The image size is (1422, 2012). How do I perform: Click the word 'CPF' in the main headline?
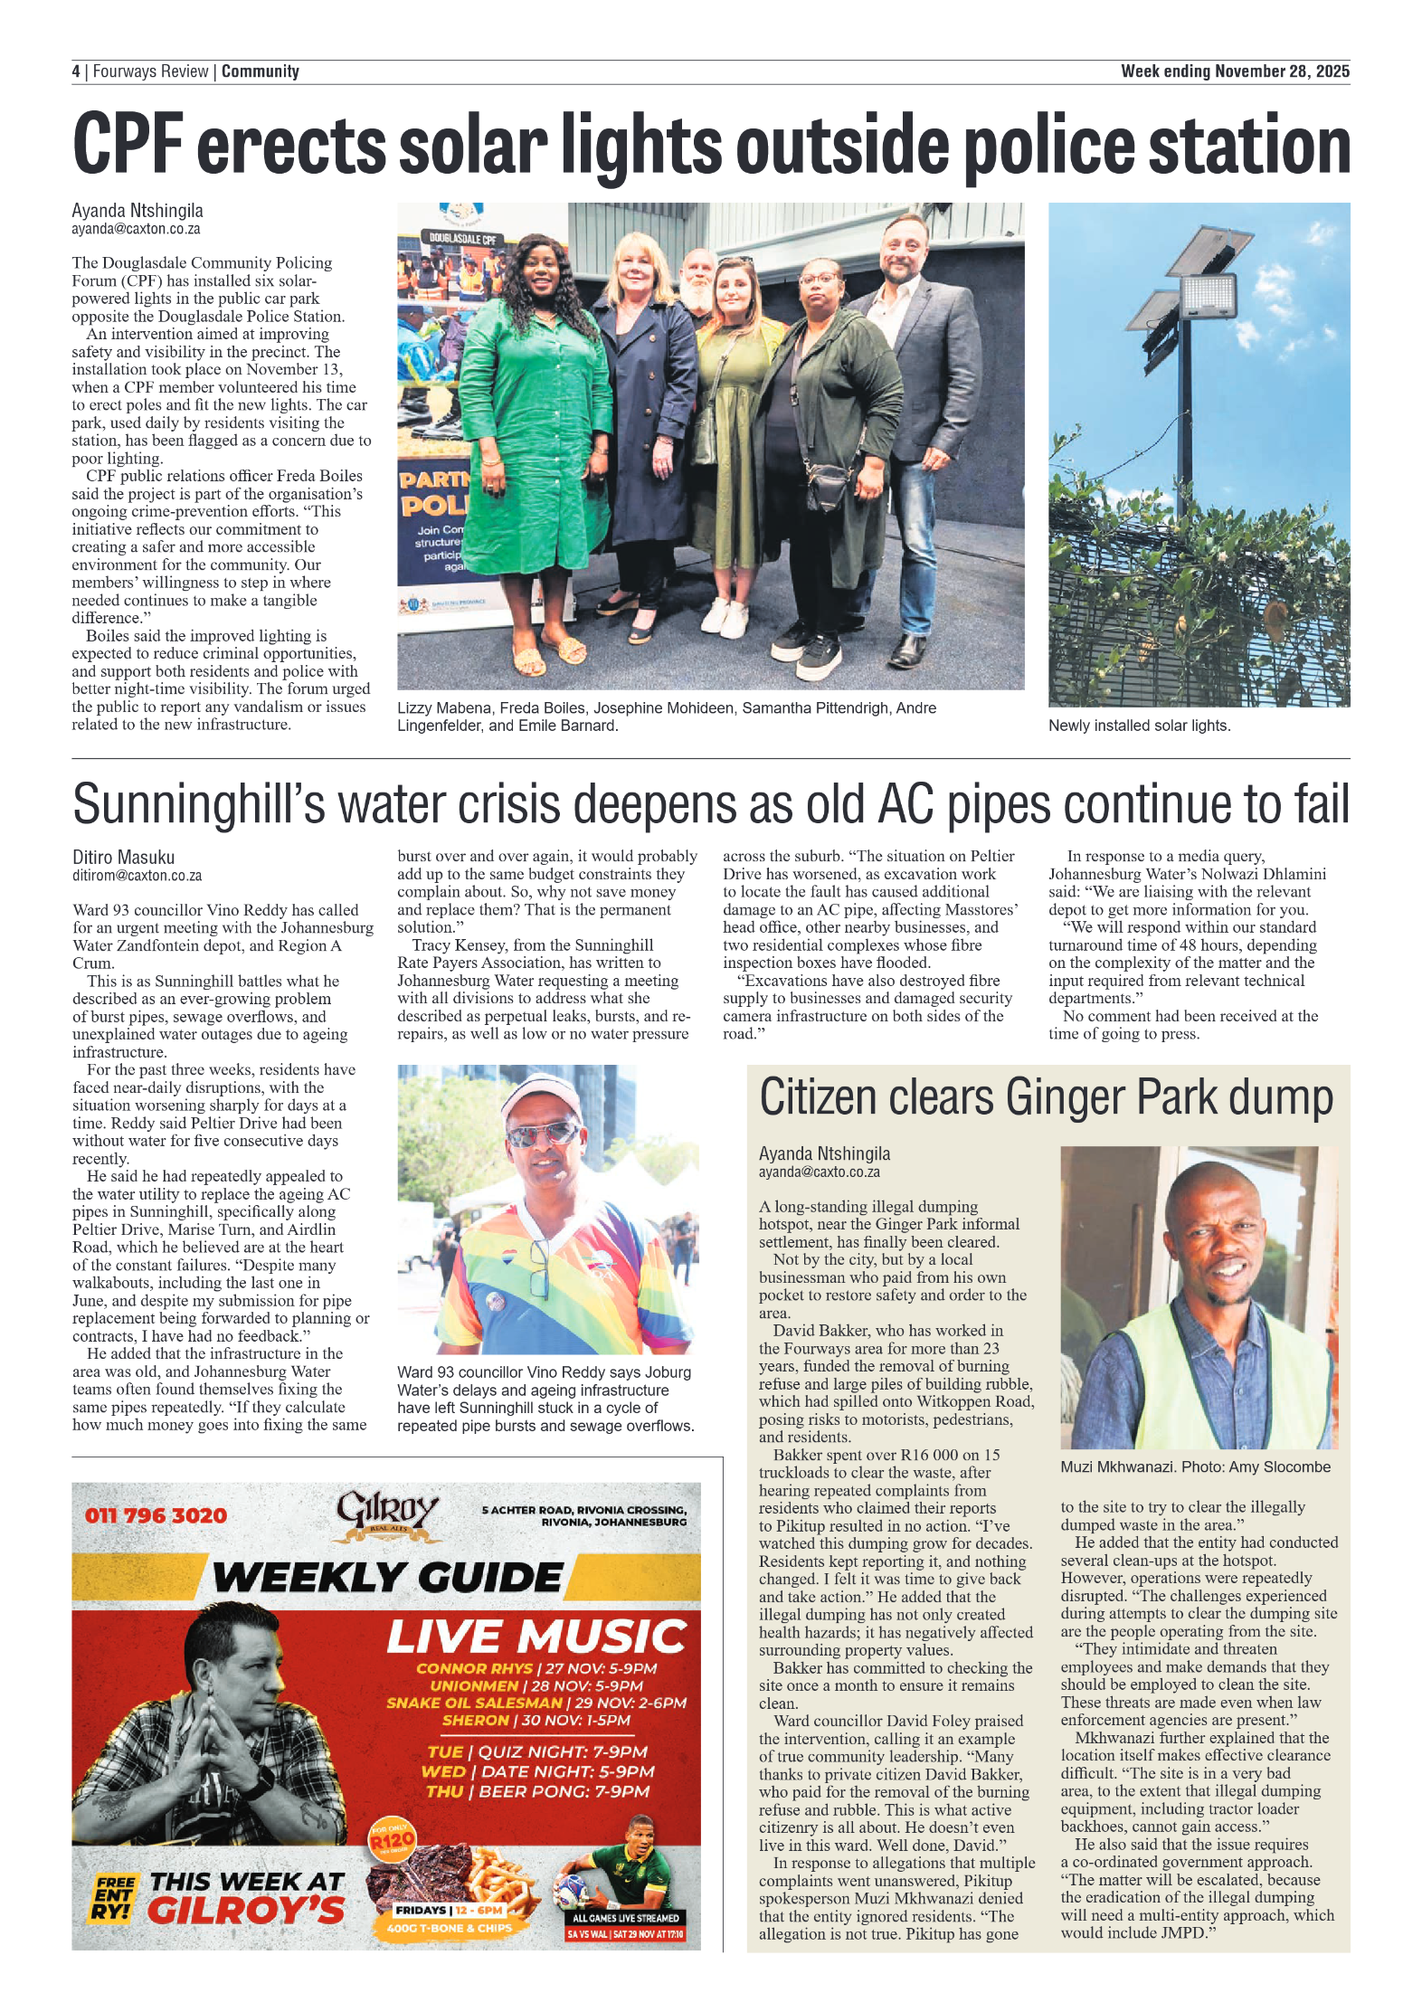click(x=128, y=146)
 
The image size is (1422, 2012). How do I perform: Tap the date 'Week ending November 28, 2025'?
click(x=1234, y=71)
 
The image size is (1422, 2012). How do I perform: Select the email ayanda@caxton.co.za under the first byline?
click(x=136, y=230)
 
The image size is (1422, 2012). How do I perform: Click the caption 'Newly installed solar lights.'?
click(x=1139, y=726)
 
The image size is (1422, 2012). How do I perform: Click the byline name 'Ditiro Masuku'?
click(x=123, y=857)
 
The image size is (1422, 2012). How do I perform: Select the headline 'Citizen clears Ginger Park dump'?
click(x=1046, y=1097)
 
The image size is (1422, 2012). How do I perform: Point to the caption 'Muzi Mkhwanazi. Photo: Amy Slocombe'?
click(x=1195, y=1467)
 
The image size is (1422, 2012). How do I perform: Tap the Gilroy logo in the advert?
click(x=387, y=1514)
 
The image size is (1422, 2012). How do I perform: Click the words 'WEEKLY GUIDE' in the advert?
click(x=387, y=1578)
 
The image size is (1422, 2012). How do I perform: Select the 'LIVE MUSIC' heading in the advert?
click(x=536, y=1637)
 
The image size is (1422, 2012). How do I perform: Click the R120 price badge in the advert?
click(x=392, y=1839)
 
